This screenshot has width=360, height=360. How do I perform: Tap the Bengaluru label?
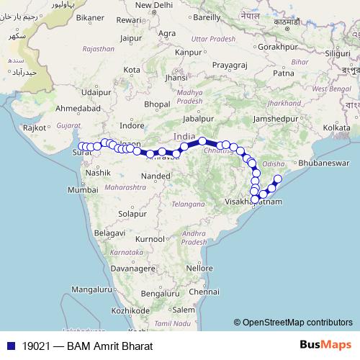point(160,294)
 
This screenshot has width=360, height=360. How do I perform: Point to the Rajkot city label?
point(35,127)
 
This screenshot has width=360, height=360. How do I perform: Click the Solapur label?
point(132,214)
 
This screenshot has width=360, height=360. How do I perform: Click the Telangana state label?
point(189,204)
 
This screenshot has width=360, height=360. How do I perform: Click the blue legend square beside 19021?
point(9,346)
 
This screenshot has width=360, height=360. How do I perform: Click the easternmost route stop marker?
point(279,179)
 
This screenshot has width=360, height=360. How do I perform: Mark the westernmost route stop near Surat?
point(81,146)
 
